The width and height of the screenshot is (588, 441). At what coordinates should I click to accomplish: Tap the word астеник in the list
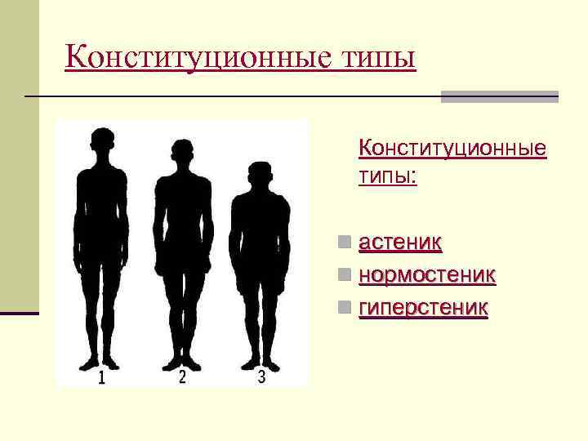pos(400,243)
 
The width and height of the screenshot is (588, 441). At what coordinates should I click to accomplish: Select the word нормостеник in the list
pos(427,275)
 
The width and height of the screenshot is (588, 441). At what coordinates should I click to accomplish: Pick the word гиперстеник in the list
pos(423,308)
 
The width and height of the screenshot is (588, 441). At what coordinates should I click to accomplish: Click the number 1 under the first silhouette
pos(101,377)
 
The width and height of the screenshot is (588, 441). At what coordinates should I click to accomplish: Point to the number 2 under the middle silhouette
pos(182,377)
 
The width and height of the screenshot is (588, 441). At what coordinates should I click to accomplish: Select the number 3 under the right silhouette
pos(261,377)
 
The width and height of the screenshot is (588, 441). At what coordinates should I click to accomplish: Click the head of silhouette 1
pos(101,141)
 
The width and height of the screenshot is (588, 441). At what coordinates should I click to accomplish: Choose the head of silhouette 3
pos(260,175)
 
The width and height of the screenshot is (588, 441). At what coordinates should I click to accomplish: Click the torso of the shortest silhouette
pos(260,233)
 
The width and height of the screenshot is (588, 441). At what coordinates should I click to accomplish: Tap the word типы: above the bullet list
pos(387,176)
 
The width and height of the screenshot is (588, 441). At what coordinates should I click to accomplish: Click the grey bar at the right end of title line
pos(499,96)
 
